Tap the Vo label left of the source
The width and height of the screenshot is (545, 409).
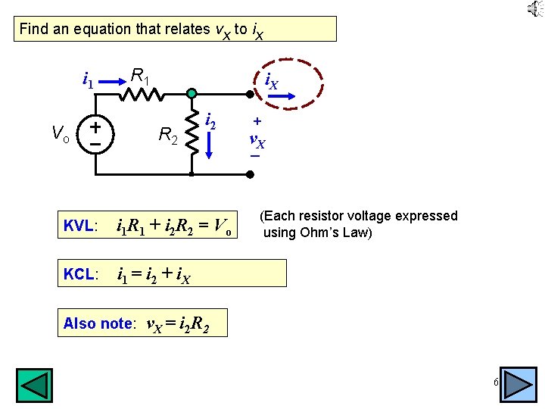[x=61, y=136]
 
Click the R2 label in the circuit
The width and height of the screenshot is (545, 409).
[x=169, y=136]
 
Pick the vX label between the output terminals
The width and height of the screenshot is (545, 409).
[x=257, y=139]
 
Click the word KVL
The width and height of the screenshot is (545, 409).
[x=79, y=226]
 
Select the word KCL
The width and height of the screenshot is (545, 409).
[x=79, y=274]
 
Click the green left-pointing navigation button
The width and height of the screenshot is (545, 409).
[x=35, y=385]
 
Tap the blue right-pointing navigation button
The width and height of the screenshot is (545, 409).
[x=519, y=385]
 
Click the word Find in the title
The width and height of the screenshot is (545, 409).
[x=33, y=30]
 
